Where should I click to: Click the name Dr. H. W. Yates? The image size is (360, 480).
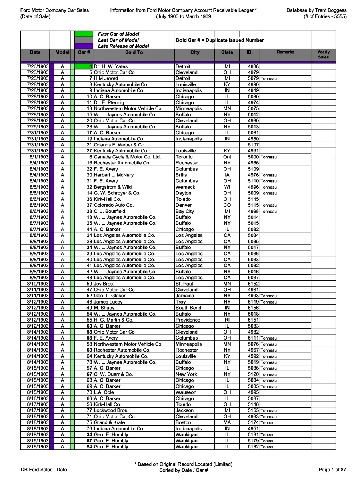tap(111, 66)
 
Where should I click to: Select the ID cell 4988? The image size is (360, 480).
tap(253, 66)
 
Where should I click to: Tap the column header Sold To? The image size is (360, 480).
tap(134, 52)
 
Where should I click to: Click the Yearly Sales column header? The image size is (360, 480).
tap(323, 55)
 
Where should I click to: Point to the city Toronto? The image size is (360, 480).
tap(184, 157)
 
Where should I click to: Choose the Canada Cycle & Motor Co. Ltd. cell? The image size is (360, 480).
tap(127, 157)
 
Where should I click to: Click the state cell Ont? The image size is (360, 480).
tap(227, 157)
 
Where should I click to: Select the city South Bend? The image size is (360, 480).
tap(188, 308)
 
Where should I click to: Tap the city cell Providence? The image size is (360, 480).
tap(188, 320)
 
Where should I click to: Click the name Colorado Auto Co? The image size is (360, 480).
tap(114, 205)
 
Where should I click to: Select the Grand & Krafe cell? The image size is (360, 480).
tap(109, 422)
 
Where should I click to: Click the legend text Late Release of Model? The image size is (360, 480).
tap(123, 46)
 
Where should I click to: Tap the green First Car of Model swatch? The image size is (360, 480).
tap(84, 34)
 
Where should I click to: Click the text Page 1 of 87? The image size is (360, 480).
tap(332, 470)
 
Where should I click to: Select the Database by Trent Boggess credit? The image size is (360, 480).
tap(316, 10)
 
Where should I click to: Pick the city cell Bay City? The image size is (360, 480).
tap(185, 211)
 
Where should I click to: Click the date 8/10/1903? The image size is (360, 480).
tap(38, 284)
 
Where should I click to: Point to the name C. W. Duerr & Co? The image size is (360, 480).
tap(113, 374)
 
